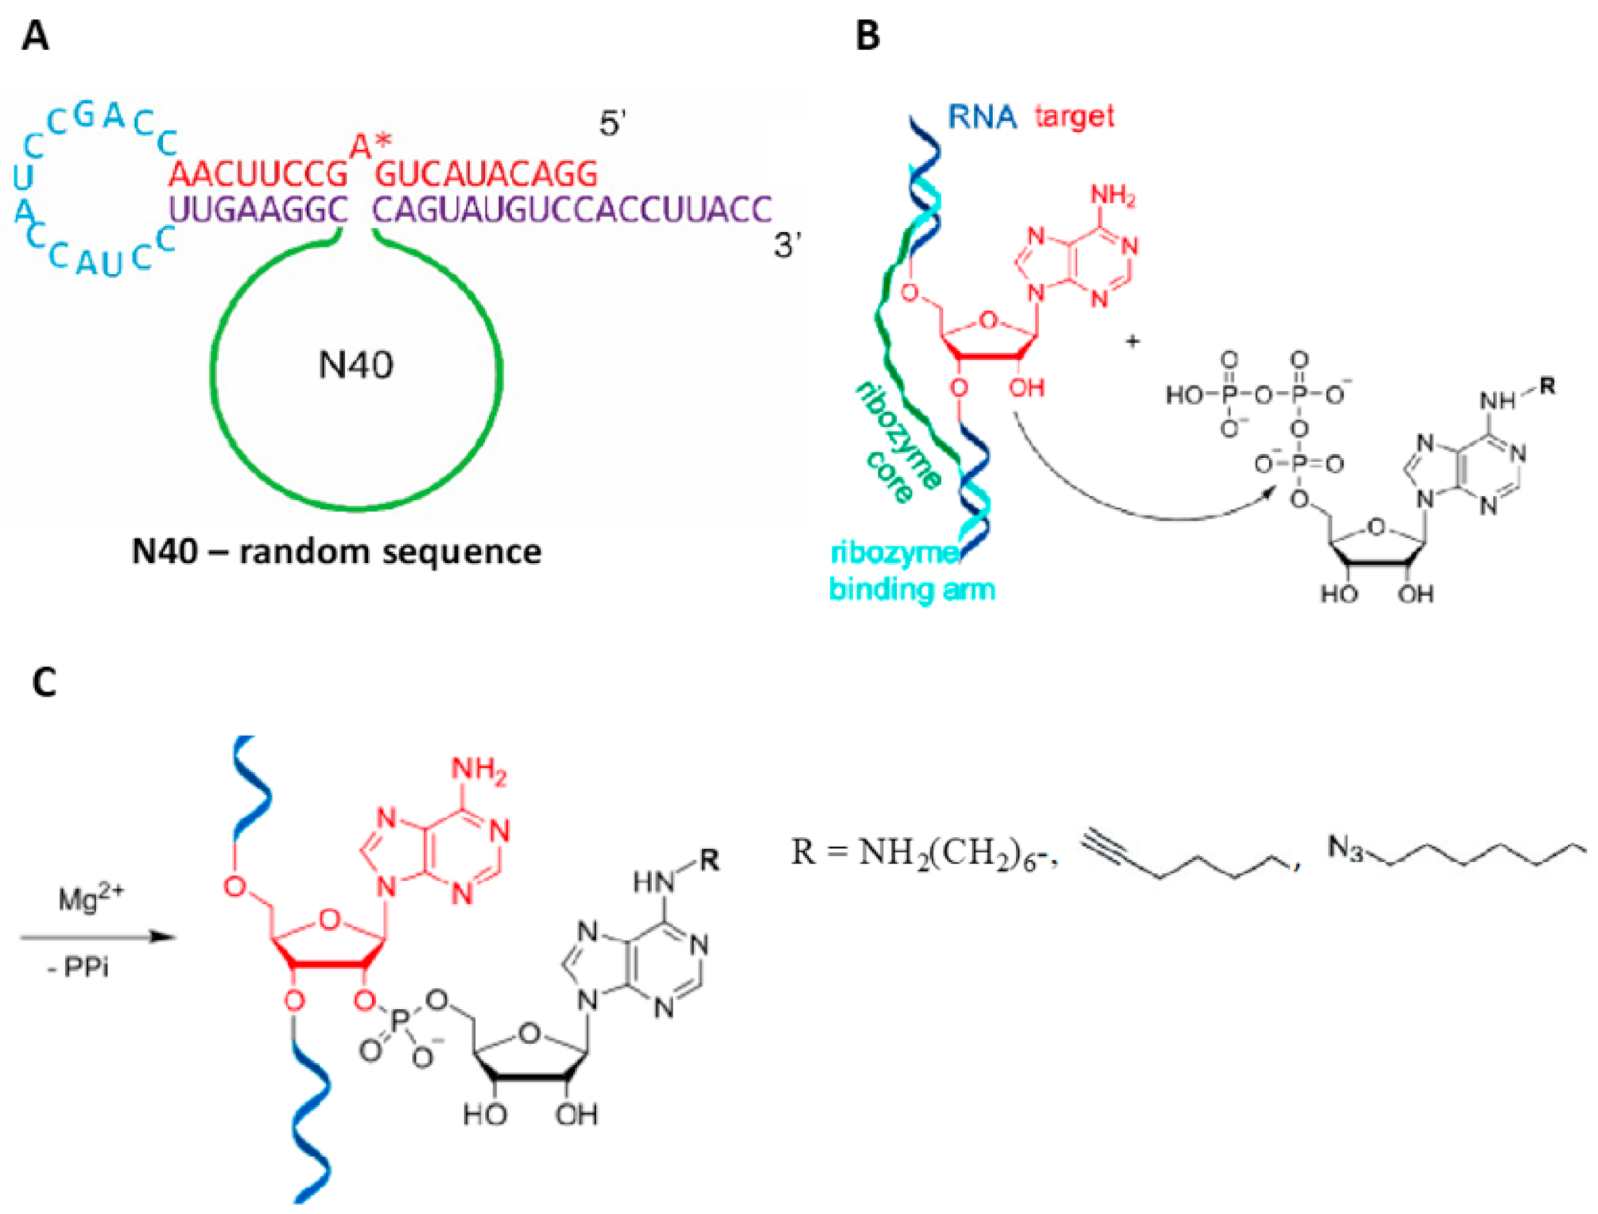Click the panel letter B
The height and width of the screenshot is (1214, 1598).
point(867,36)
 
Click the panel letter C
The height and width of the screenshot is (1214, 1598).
point(44,682)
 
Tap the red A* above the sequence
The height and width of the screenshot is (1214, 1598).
point(370,147)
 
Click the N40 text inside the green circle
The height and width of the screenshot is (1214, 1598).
point(356,365)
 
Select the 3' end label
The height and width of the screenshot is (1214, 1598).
point(787,246)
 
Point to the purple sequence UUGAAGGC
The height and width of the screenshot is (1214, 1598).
point(258,210)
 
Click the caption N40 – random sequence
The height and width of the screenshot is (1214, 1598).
point(336,552)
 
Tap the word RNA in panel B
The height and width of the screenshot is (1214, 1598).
point(982,116)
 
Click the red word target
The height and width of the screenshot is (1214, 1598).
point(1074,116)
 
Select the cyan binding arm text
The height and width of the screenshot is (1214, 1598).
point(911,590)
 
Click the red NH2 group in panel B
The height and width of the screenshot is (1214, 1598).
point(1112,196)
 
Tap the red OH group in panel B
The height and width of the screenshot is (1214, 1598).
point(1027,388)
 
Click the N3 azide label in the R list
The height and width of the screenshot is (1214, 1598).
point(1344,848)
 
